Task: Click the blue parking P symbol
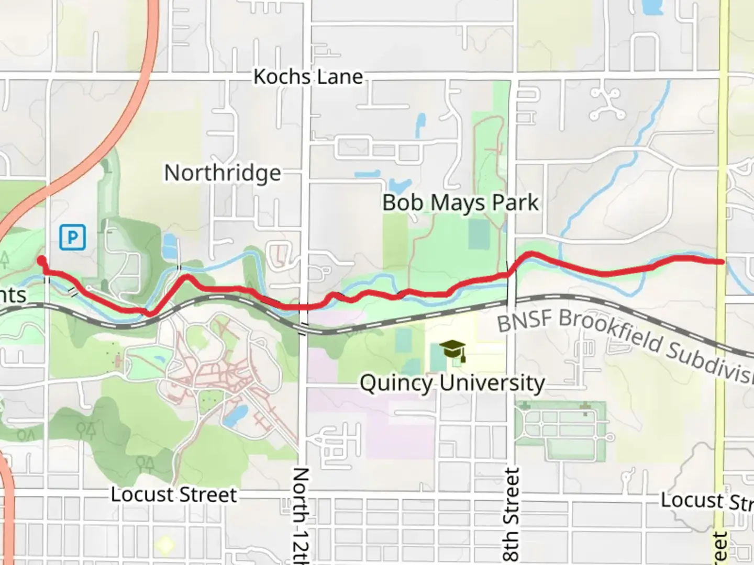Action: (72, 238)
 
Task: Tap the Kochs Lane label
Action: (308, 77)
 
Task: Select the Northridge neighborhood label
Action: (223, 173)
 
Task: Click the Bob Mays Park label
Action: (460, 203)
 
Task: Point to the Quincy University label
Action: (452, 383)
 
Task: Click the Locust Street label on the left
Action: (174, 494)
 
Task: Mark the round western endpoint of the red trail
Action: (41, 260)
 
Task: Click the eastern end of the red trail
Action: (722, 262)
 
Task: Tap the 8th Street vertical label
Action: (512, 515)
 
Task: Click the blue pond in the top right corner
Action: (651, 7)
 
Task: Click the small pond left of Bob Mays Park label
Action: (399, 185)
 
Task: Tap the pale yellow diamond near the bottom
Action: (165, 546)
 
